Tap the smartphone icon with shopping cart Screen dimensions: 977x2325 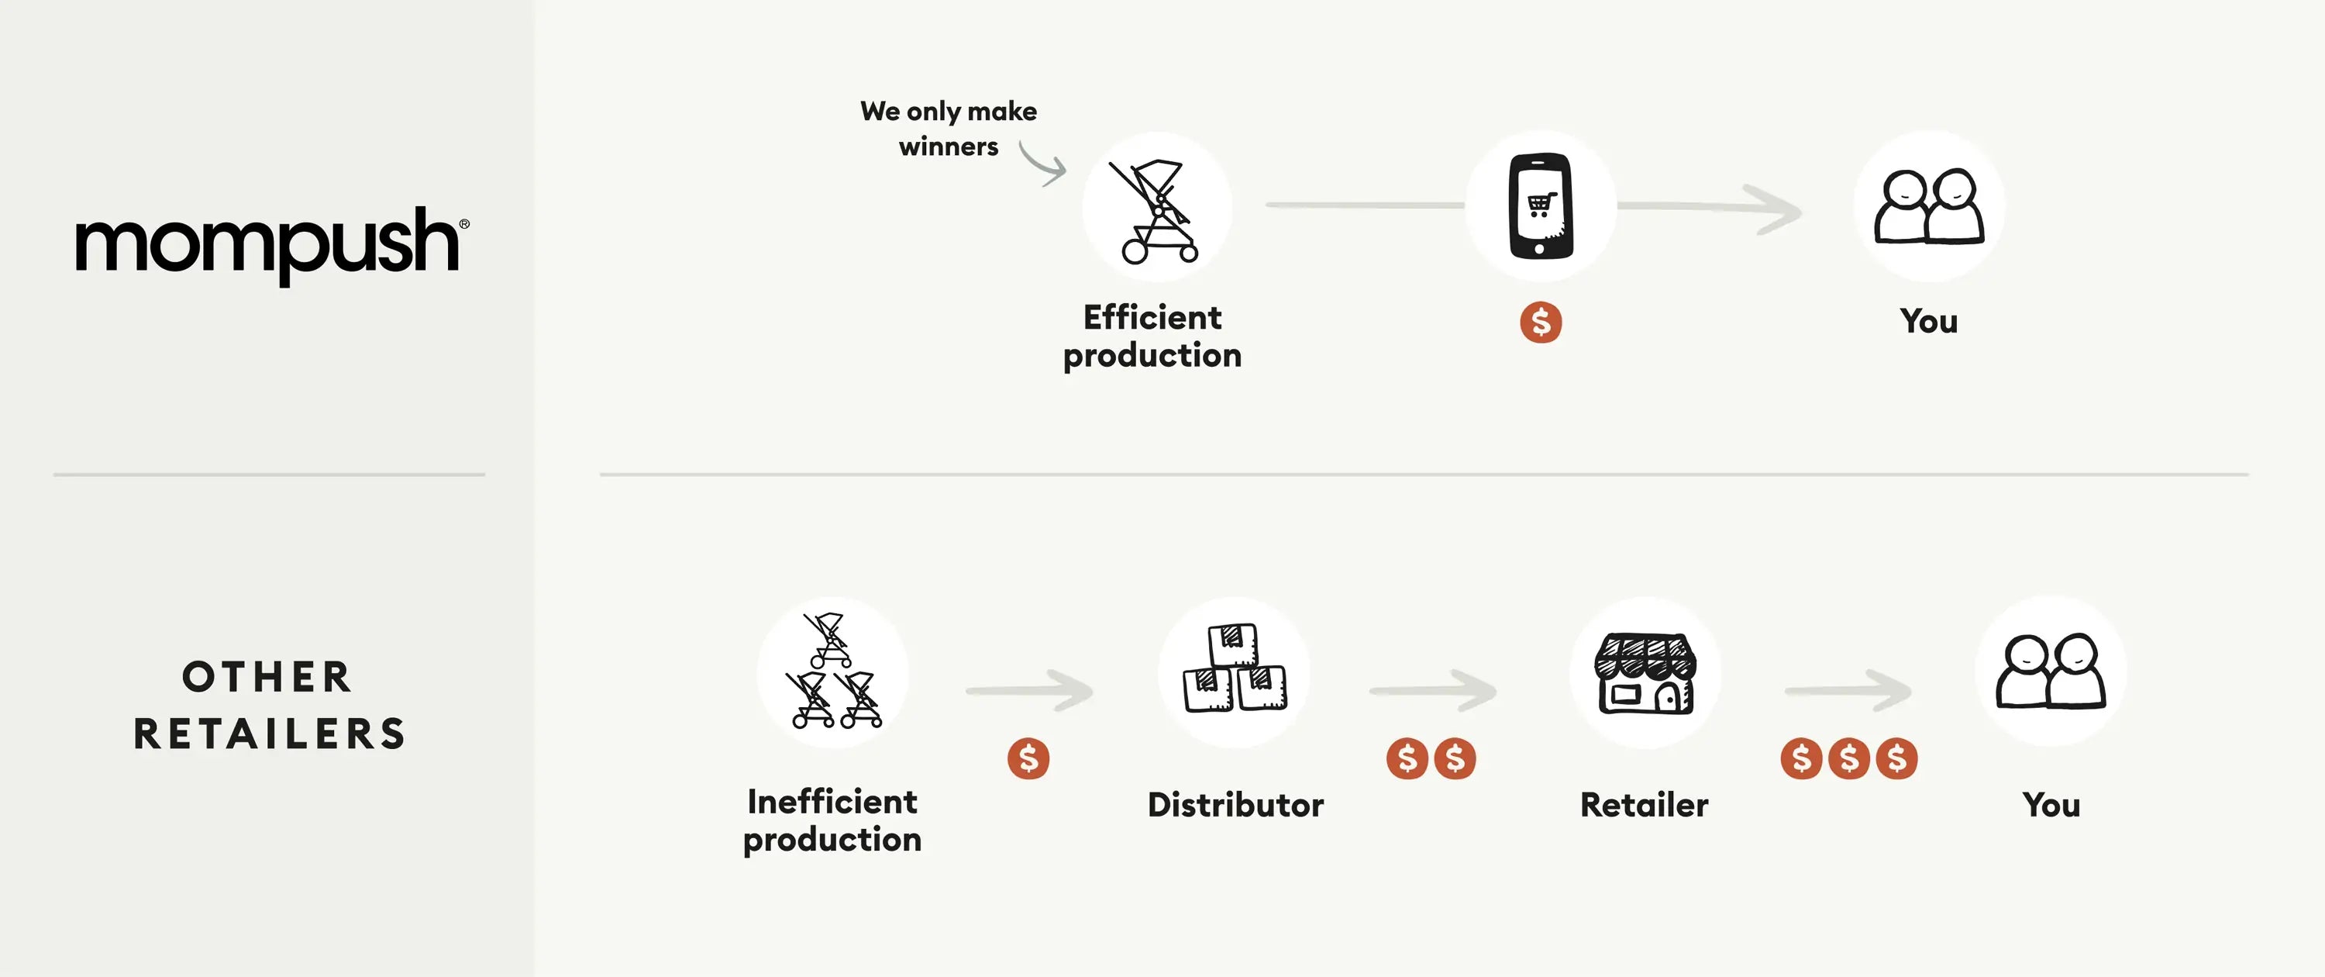point(1541,206)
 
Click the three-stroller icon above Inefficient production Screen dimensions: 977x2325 point(832,673)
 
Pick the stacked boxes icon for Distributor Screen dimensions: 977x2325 point(1234,671)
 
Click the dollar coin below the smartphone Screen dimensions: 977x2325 point(1541,323)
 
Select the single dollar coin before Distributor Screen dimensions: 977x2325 point(1028,758)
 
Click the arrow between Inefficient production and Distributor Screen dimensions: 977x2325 point(1030,692)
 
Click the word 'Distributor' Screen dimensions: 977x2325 point(1235,805)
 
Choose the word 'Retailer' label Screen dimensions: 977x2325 point(1644,805)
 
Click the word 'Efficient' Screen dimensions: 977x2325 point(1152,318)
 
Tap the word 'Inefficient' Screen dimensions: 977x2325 point(832,802)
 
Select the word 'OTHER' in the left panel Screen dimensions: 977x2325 point(267,677)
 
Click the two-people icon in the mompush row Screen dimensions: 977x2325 point(1929,208)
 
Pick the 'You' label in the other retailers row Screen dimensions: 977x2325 point(2051,805)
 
